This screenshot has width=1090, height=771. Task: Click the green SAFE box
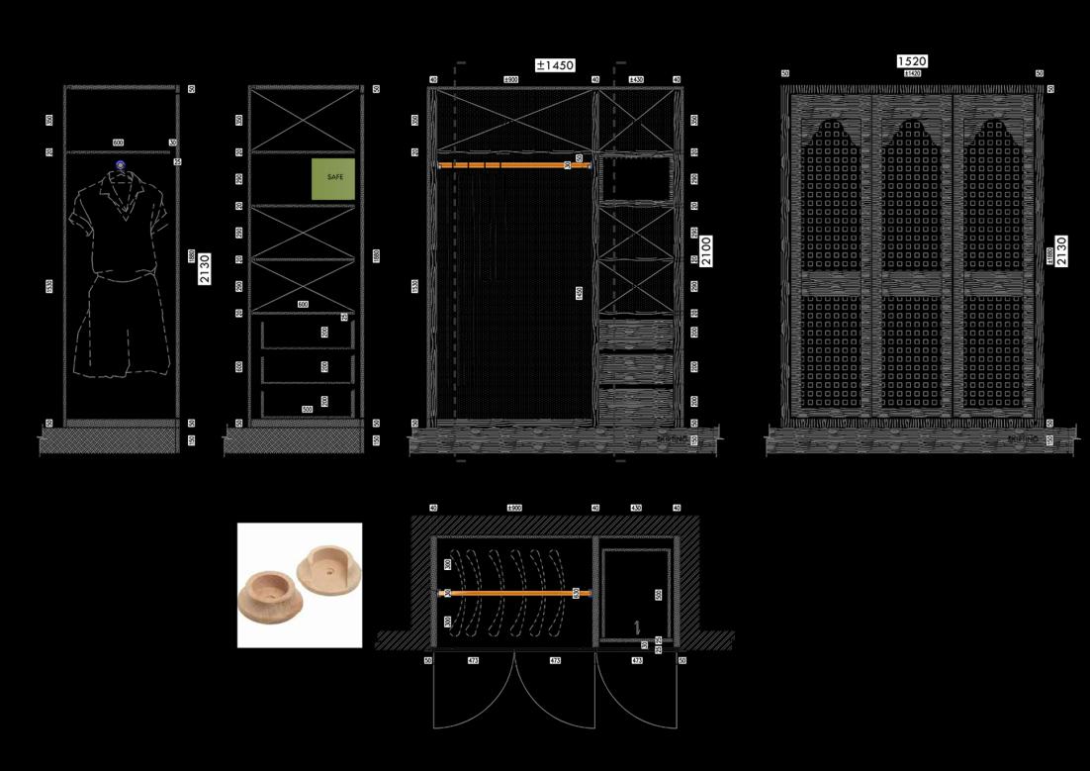coord(333,178)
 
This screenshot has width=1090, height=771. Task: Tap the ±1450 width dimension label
coord(555,65)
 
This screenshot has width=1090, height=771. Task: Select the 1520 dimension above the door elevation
coord(912,61)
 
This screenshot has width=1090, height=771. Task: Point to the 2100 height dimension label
coord(706,250)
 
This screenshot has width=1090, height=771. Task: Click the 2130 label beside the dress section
coord(205,268)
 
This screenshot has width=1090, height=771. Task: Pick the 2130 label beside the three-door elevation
coord(1061,250)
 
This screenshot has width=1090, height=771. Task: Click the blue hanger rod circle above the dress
coord(120,165)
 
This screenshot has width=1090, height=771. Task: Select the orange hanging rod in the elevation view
coord(514,164)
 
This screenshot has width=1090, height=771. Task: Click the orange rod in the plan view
coord(514,593)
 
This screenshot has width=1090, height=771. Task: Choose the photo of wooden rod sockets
coord(300,585)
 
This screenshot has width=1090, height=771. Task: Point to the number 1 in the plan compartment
coord(637,626)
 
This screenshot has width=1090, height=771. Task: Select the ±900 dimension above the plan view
coord(514,508)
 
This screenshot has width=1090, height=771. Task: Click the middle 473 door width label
coord(555,660)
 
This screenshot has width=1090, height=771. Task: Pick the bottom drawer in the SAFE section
coord(307,403)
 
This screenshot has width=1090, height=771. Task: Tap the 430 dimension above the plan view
coord(636,508)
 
